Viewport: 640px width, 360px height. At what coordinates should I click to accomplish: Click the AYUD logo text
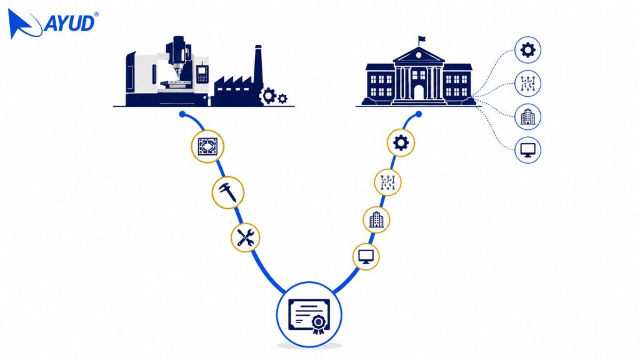tap(69, 23)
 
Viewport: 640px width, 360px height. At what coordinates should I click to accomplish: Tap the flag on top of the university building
tap(422, 39)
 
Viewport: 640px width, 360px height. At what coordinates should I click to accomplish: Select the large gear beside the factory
tap(268, 96)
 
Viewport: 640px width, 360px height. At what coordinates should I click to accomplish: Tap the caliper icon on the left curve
tap(227, 192)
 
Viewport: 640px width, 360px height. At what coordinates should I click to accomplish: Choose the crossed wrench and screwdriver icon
tap(245, 237)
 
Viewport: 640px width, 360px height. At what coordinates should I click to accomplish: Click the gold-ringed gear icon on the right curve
tap(401, 143)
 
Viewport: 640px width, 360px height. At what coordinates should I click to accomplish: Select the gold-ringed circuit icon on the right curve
tap(387, 182)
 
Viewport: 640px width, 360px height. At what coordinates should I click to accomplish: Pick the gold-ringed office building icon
tap(376, 220)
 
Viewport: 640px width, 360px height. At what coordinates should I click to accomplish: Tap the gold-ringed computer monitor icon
tap(366, 257)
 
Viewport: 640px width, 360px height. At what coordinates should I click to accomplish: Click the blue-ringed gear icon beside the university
tap(527, 50)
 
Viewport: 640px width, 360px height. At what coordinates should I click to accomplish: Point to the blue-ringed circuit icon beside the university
tap(527, 84)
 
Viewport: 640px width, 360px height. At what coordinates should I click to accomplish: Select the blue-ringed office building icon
tap(527, 117)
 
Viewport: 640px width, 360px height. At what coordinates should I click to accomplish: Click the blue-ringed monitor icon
tap(527, 150)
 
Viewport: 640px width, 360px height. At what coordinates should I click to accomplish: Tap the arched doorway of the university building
tap(419, 92)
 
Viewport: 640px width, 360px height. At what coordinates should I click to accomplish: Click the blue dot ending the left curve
tap(182, 114)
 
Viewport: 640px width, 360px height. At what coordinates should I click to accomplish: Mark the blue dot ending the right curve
tap(419, 114)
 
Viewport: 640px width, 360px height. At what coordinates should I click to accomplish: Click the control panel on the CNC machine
tap(202, 74)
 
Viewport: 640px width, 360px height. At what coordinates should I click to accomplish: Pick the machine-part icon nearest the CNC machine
tap(207, 146)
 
